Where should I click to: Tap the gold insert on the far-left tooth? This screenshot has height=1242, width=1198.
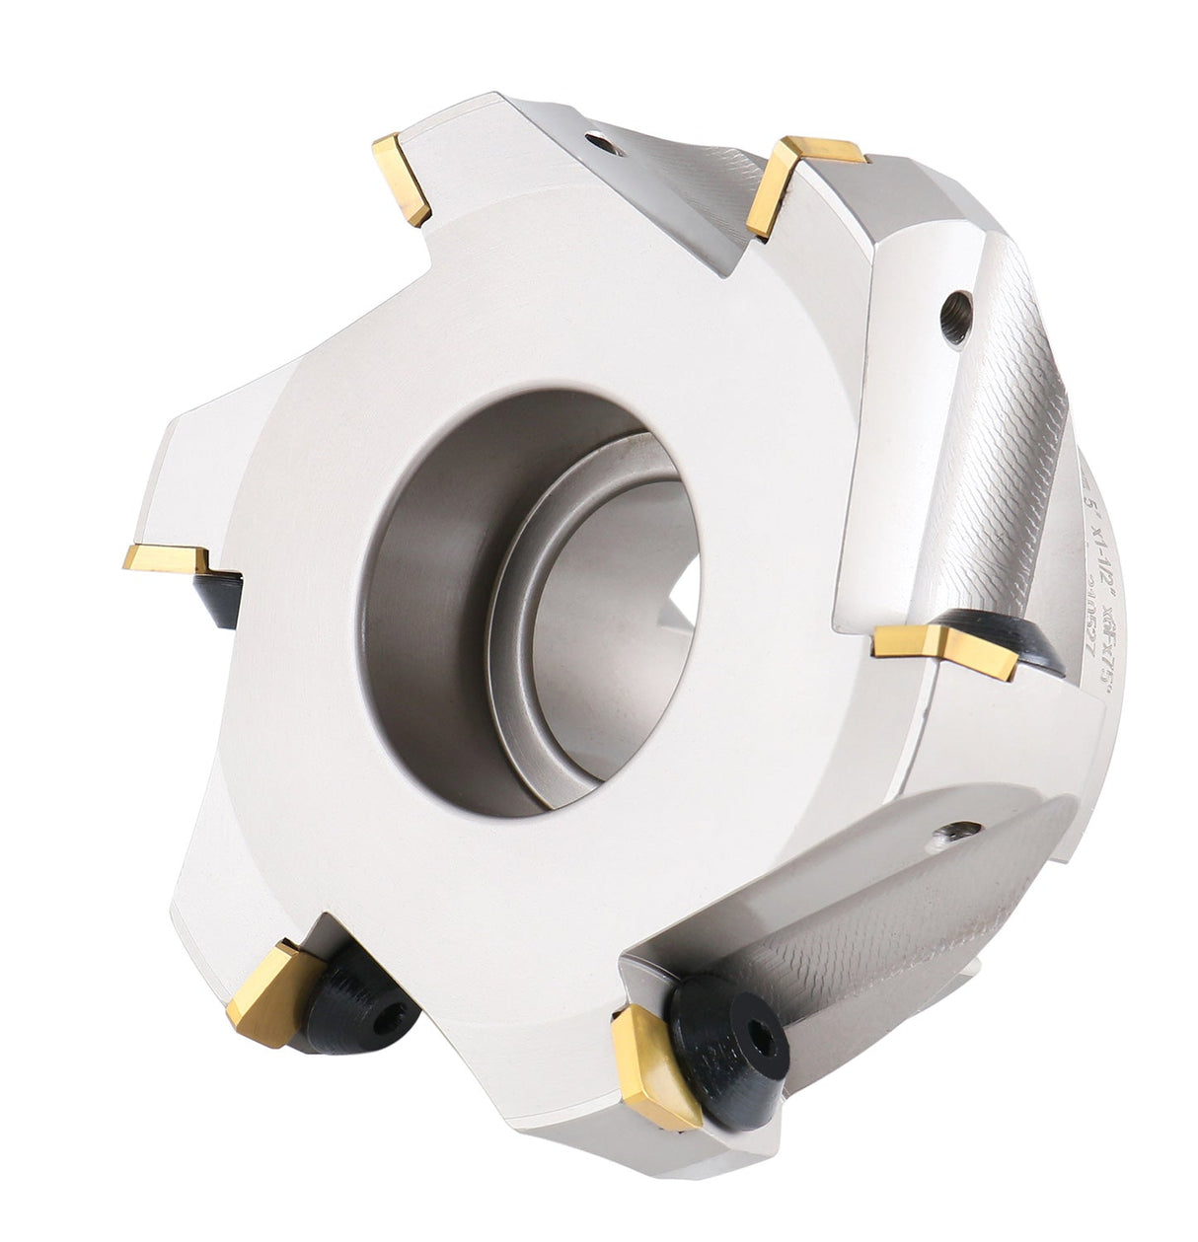168,558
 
